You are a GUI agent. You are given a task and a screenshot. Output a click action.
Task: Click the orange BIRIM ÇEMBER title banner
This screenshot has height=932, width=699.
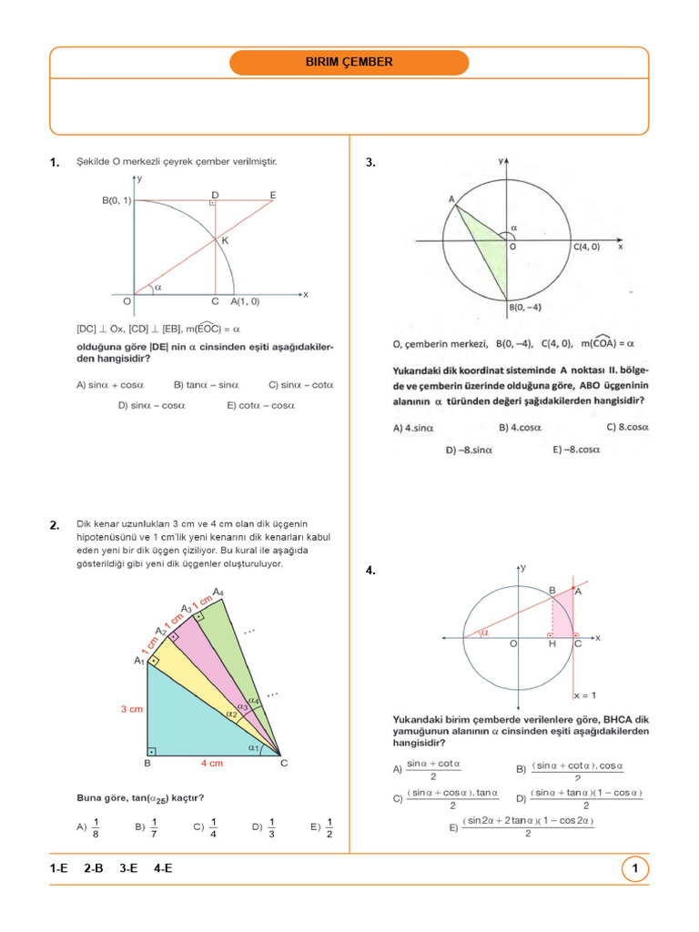(x=349, y=63)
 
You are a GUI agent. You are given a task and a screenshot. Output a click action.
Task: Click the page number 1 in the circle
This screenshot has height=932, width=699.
(x=634, y=869)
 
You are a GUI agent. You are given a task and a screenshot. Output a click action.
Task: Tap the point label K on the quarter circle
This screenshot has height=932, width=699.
(x=224, y=241)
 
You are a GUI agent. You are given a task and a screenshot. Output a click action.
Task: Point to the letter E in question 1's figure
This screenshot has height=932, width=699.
(x=273, y=194)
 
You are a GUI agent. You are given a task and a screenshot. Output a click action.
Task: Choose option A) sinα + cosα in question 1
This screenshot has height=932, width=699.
(x=110, y=384)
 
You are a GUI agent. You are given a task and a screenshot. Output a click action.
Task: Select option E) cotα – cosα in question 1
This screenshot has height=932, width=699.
(x=260, y=405)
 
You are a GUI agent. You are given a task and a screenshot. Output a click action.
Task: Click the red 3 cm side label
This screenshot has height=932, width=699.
(x=132, y=709)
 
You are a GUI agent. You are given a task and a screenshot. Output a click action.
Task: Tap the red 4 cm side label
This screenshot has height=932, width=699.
(x=213, y=764)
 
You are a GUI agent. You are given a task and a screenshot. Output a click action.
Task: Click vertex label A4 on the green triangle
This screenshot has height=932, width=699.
(x=220, y=593)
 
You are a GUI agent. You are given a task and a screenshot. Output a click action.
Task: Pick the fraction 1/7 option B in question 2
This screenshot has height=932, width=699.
(x=147, y=827)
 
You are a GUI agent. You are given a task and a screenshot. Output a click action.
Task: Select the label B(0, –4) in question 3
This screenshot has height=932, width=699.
(x=525, y=308)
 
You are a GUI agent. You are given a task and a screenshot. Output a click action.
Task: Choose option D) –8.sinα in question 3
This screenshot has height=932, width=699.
(x=469, y=449)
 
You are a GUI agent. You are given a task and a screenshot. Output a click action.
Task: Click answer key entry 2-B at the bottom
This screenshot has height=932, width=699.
(x=94, y=869)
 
